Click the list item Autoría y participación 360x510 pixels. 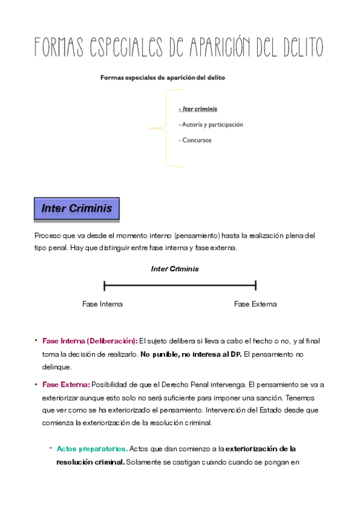click(x=212, y=124)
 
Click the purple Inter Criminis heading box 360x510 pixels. click(x=76, y=209)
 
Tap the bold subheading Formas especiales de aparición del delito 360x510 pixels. click(x=163, y=78)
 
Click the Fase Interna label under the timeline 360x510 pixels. click(x=102, y=304)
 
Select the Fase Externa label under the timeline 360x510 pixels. click(x=255, y=304)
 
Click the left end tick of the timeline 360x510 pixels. click(x=105, y=286)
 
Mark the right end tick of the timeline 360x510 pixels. click(x=256, y=286)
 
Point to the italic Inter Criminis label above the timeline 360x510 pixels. click(x=174, y=269)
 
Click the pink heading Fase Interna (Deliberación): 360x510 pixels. click(x=90, y=341)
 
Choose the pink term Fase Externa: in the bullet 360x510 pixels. click(x=66, y=384)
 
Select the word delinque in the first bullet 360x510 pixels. click(x=57, y=367)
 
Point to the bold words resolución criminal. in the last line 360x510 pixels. click(x=90, y=462)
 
